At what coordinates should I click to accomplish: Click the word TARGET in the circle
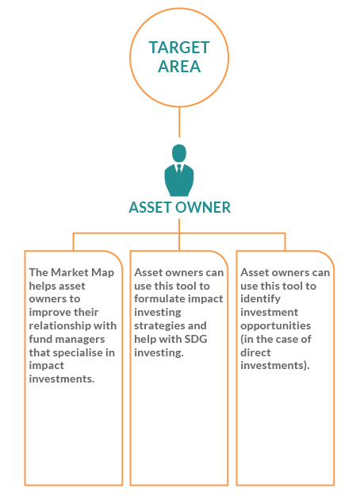(x=179, y=48)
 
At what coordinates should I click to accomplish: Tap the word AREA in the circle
(x=179, y=66)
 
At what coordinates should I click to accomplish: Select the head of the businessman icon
(x=179, y=153)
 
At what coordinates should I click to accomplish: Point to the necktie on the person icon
(x=179, y=168)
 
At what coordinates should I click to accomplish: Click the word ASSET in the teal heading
(x=151, y=207)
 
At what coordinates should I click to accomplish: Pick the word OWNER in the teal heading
(x=203, y=207)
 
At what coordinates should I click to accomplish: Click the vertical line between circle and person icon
(x=179, y=122)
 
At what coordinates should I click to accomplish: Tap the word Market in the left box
(x=70, y=272)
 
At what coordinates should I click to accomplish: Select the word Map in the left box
(x=102, y=273)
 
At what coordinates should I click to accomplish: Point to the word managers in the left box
(x=79, y=340)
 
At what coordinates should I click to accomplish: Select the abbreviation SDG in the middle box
(x=196, y=339)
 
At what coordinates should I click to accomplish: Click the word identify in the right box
(x=260, y=299)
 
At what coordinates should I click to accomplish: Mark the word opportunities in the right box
(x=276, y=326)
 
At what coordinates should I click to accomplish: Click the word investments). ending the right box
(x=275, y=366)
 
